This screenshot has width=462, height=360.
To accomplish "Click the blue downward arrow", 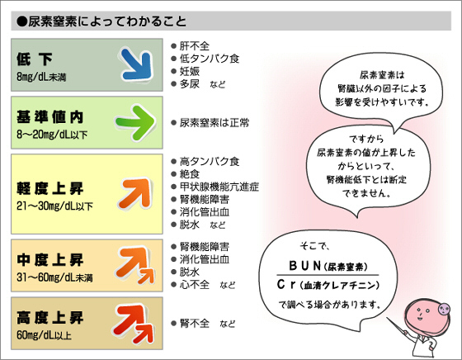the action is [x=137, y=65].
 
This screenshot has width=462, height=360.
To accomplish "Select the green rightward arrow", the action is [x=136, y=122].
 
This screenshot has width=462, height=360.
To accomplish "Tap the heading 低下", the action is [x=35, y=59].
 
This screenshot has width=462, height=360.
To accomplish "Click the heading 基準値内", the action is [x=49, y=117].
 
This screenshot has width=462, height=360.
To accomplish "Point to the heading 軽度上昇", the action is [x=49, y=188].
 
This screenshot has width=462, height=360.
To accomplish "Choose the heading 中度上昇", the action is [x=49, y=260].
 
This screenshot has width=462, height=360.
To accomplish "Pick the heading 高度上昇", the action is [x=49, y=318].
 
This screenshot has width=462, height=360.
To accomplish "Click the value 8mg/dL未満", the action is [x=41, y=78].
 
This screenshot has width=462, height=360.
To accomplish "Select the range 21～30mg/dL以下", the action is [x=54, y=206].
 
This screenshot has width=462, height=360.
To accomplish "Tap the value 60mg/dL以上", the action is [x=44, y=335].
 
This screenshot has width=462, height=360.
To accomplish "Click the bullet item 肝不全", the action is [x=195, y=46].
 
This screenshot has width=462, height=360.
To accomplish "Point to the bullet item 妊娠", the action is [x=190, y=71].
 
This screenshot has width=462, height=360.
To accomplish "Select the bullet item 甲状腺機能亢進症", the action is [x=219, y=187].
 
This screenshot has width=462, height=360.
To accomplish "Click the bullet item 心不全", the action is [x=195, y=285].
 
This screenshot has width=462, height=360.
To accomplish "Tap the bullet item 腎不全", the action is [x=195, y=324].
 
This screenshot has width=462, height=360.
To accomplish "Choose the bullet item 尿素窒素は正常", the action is [x=214, y=123].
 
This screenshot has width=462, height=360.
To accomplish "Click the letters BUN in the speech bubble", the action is [x=305, y=266].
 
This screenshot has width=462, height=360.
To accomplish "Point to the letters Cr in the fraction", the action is [x=286, y=285].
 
